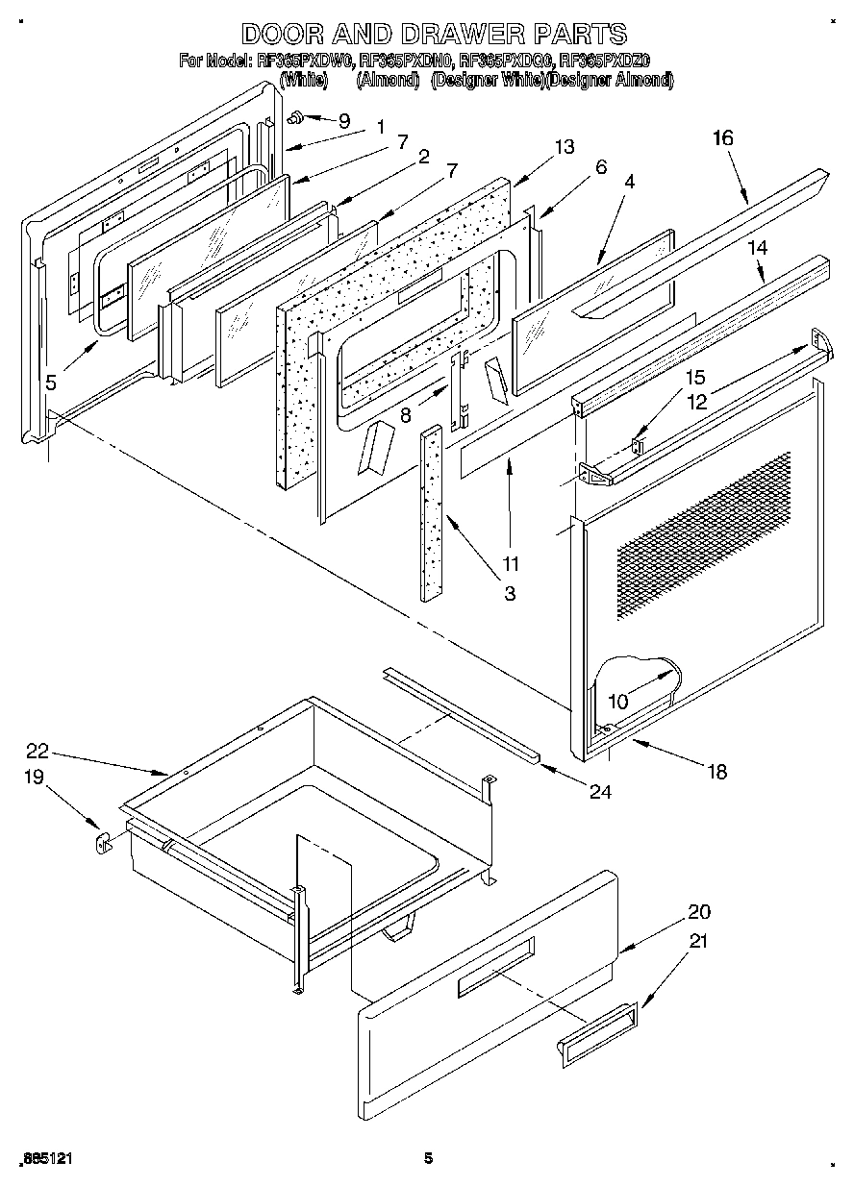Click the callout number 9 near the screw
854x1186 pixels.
coord(344,121)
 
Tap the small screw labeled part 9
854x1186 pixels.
coord(295,117)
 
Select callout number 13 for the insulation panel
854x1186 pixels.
coord(564,146)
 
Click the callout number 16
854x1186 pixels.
coord(722,138)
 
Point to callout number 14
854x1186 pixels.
coord(758,247)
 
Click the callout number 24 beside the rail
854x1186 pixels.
coord(600,792)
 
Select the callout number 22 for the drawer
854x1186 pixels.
coord(37,752)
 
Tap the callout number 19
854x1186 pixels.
coord(34,777)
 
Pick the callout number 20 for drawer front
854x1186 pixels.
coord(699,911)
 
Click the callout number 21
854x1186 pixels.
coord(699,942)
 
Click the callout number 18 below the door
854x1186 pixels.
coord(716,771)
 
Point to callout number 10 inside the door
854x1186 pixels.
coord(617,702)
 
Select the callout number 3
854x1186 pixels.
coord(509,594)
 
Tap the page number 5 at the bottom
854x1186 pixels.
coord(429,1159)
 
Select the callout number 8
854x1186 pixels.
coord(405,416)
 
